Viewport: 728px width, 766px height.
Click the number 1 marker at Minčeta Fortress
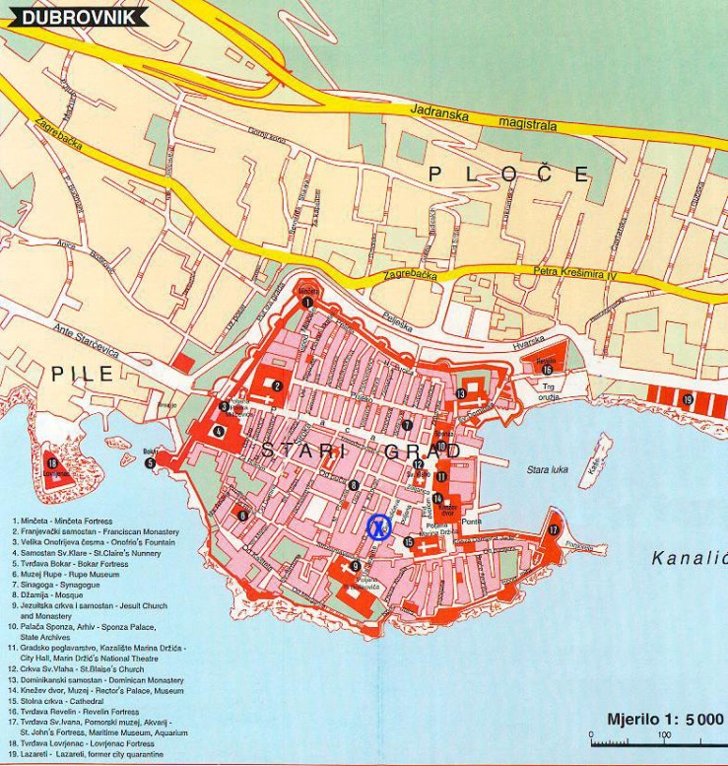[307, 302]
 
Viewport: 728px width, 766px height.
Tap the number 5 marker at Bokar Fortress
[151, 462]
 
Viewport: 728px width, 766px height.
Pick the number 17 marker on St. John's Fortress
[554, 529]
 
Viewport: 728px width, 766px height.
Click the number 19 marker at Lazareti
[688, 399]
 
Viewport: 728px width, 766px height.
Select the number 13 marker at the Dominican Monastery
[461, 394]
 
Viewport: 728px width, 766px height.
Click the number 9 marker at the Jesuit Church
[355, 566]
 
